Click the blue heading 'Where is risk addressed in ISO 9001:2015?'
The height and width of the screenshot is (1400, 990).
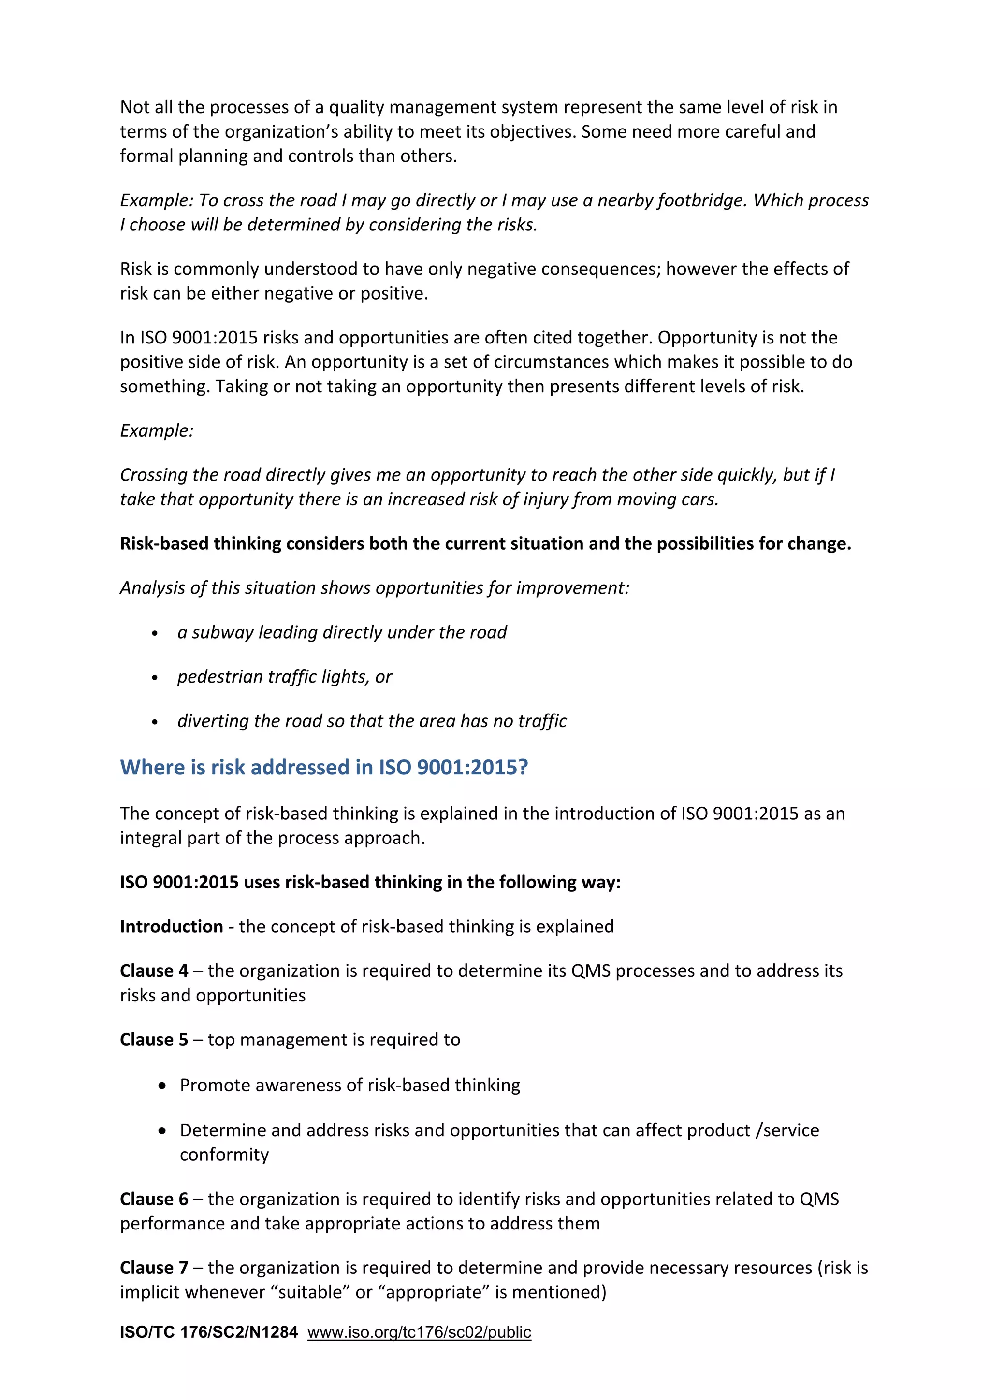coord(323,767)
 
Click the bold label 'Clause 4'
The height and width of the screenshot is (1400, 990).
coord(154,971)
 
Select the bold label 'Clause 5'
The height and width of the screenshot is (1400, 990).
coord(154,1040)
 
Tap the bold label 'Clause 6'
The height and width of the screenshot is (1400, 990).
coord(154,1200)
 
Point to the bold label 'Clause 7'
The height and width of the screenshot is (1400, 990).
coord(154,1268)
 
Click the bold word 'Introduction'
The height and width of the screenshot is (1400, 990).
coord(172,927)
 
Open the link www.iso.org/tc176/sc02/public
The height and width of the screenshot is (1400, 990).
coord(419,1332)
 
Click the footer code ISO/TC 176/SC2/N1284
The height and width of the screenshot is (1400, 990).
coord(209,1332)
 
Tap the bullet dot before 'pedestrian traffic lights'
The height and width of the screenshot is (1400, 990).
coord(155,678)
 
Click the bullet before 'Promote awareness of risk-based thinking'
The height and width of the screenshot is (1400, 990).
coord(161,1086)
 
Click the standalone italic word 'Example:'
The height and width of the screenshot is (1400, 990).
coord(157,431)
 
